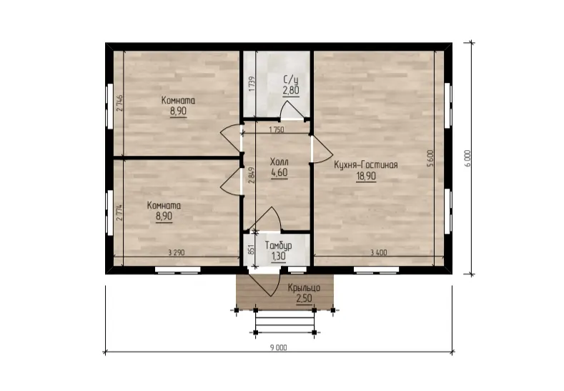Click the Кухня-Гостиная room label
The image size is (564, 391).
point(366,165)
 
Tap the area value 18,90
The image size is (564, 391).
point(366,176)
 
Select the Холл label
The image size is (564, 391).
point(279,162)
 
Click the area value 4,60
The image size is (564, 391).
point(279,173)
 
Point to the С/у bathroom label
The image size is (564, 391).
point(291,79)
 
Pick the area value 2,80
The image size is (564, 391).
point(291,90)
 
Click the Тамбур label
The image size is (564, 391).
point(278,246)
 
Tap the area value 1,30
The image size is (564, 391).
point(278,256)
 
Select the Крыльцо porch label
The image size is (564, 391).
point(304,288)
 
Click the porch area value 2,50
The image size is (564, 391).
point(304,298)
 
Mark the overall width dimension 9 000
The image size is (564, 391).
point(278,347)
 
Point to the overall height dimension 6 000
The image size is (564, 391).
point(467,158)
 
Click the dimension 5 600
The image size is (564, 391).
point(430,158)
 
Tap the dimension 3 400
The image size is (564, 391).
point(379,252)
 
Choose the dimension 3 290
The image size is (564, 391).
point(177,252)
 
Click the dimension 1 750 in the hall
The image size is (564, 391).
point(276,130)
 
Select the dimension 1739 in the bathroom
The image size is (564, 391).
point(252,83)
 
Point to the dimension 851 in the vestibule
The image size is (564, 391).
point(252,249)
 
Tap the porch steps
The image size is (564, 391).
point(285,322)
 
